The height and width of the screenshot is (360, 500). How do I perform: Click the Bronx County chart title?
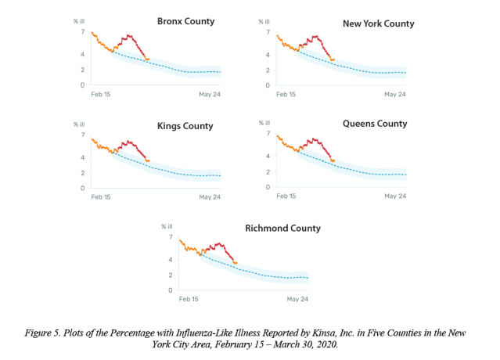186,22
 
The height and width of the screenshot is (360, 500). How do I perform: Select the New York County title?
379,23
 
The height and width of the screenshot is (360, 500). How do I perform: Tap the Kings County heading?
185,126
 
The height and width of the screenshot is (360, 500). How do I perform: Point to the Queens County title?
375,124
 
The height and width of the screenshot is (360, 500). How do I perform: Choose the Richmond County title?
282,229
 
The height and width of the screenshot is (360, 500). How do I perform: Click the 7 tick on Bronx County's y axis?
83,31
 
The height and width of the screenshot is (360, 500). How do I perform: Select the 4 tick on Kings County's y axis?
83,157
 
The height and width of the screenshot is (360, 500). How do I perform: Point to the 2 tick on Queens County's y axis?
268,172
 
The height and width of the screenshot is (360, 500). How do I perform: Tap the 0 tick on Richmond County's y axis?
171,290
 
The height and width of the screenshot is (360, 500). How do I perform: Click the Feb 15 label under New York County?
286,95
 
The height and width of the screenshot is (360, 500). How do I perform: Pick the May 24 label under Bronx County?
210,95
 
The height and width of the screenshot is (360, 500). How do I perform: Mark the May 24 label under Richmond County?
297,299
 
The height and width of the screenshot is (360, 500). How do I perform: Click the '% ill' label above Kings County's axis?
79,124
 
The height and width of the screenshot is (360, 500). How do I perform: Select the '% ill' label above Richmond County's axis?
167,226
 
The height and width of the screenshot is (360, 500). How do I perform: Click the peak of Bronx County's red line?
128,35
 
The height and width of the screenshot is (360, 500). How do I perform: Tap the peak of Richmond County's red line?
219,243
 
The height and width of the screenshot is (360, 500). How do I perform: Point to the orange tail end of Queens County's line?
333,160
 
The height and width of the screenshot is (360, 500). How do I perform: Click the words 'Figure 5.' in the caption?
42,333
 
